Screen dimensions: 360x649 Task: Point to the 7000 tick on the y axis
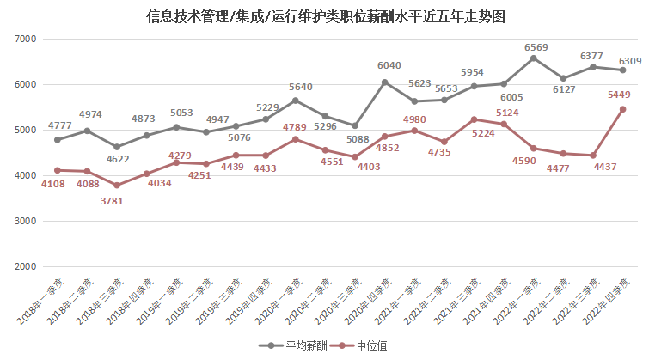coord(25,40)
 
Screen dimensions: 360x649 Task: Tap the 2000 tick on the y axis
coord(25,267)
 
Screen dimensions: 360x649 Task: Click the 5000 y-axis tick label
coord(25,131)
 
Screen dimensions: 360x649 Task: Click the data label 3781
coord(117,201)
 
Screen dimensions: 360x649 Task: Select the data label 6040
coord(384,65)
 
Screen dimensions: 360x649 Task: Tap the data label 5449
coord(621,95)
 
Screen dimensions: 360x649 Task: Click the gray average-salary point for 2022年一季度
coord(534,58)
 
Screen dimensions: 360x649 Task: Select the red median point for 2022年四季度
coord(622,109)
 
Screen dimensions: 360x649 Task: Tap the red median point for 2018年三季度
coord(117,186)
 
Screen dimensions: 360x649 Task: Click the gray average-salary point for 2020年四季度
coord(384,82)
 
